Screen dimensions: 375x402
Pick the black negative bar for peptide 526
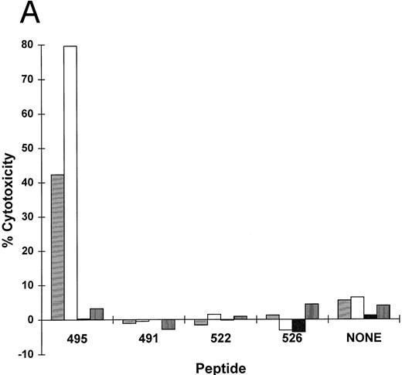(298, 326)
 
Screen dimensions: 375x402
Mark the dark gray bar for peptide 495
(97, 314)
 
